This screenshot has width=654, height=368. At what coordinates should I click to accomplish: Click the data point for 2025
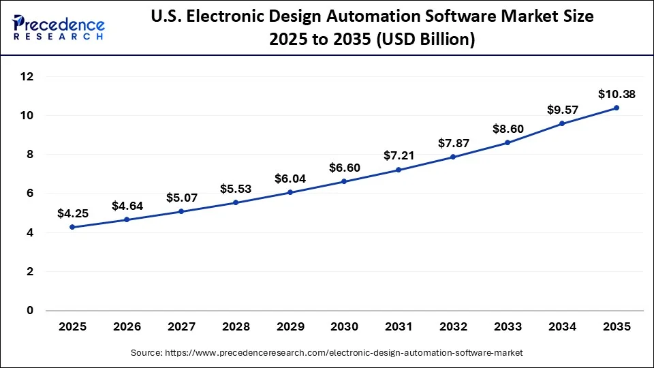click(73, 227)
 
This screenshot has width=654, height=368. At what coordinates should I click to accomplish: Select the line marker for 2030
click(344, 181)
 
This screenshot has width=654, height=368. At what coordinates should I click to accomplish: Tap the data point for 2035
click(617, 108)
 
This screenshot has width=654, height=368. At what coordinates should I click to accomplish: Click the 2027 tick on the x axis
click(181, 326)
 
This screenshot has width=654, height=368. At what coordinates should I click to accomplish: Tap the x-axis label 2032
click(453, 326)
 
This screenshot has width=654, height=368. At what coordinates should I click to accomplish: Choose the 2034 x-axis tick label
click(562, 326)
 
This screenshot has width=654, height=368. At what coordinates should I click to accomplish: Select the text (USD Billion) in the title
click(423, 40)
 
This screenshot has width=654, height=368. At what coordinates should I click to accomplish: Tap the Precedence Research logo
click(59, 27)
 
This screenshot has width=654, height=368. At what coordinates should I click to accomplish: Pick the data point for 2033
click(508, 142)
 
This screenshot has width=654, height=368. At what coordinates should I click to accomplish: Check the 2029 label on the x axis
click(290, 326)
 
